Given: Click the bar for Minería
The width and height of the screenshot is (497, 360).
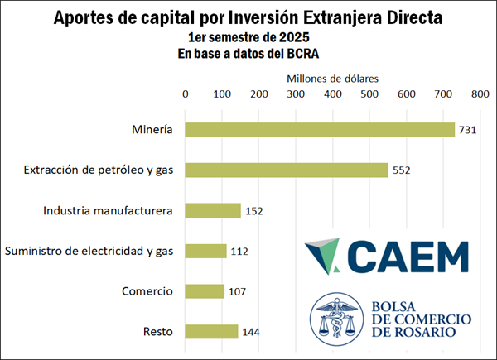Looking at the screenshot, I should (320, 130).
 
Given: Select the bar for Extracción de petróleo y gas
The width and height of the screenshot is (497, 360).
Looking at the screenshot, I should (287, 170).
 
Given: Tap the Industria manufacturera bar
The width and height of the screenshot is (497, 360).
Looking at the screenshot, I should (213, 211).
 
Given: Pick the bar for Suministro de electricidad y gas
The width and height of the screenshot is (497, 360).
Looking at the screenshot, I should (205, 251).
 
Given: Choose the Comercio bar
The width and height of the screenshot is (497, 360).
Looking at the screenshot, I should (205, 291).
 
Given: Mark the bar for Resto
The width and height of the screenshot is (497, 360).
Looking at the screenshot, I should (211, 332).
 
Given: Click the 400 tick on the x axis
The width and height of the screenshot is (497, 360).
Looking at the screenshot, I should (332, 95).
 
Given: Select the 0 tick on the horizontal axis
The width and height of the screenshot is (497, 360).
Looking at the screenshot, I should (185, 95).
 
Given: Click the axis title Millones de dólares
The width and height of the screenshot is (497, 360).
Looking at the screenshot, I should (332, 78).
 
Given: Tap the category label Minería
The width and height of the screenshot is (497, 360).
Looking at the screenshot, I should (152, 130).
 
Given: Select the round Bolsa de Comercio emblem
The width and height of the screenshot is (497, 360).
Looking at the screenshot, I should (337, 319).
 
